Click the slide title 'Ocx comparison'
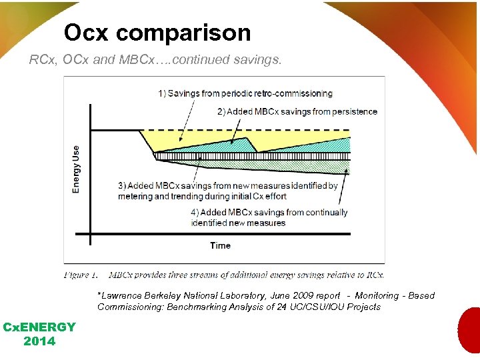tap(157, 33)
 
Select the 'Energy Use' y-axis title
tap(76, 169)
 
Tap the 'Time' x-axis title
tap(220, 245)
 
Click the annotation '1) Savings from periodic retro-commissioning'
tap(245, 93)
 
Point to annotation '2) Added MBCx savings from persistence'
tap(297, 111)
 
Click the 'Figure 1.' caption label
tap(81, 274)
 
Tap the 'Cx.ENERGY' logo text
tap(39, 327)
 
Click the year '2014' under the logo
tap(39, 341)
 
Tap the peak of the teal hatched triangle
tap(247, 138)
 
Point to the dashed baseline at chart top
tap(267, 129)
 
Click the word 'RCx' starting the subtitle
tap(39, 60)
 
